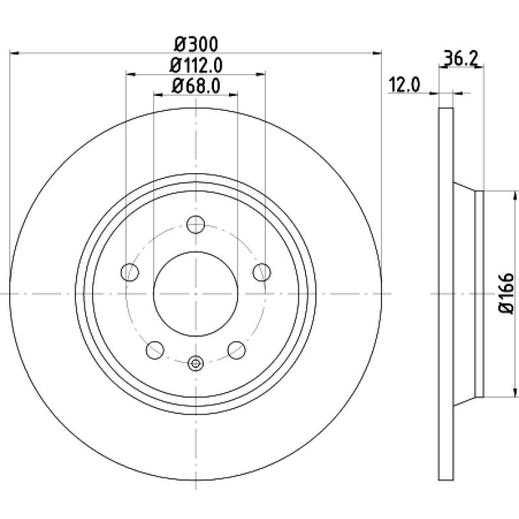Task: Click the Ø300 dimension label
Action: coord(196,44)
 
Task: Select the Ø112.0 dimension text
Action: coord(196,66)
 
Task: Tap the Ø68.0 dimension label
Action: coord(196,86)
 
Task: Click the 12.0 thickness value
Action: coord(404,84)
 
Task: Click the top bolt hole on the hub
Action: coord(196,224)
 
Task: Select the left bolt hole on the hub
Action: coord(130,272)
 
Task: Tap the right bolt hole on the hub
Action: coord(262,272)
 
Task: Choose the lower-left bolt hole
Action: coord(155,350)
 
